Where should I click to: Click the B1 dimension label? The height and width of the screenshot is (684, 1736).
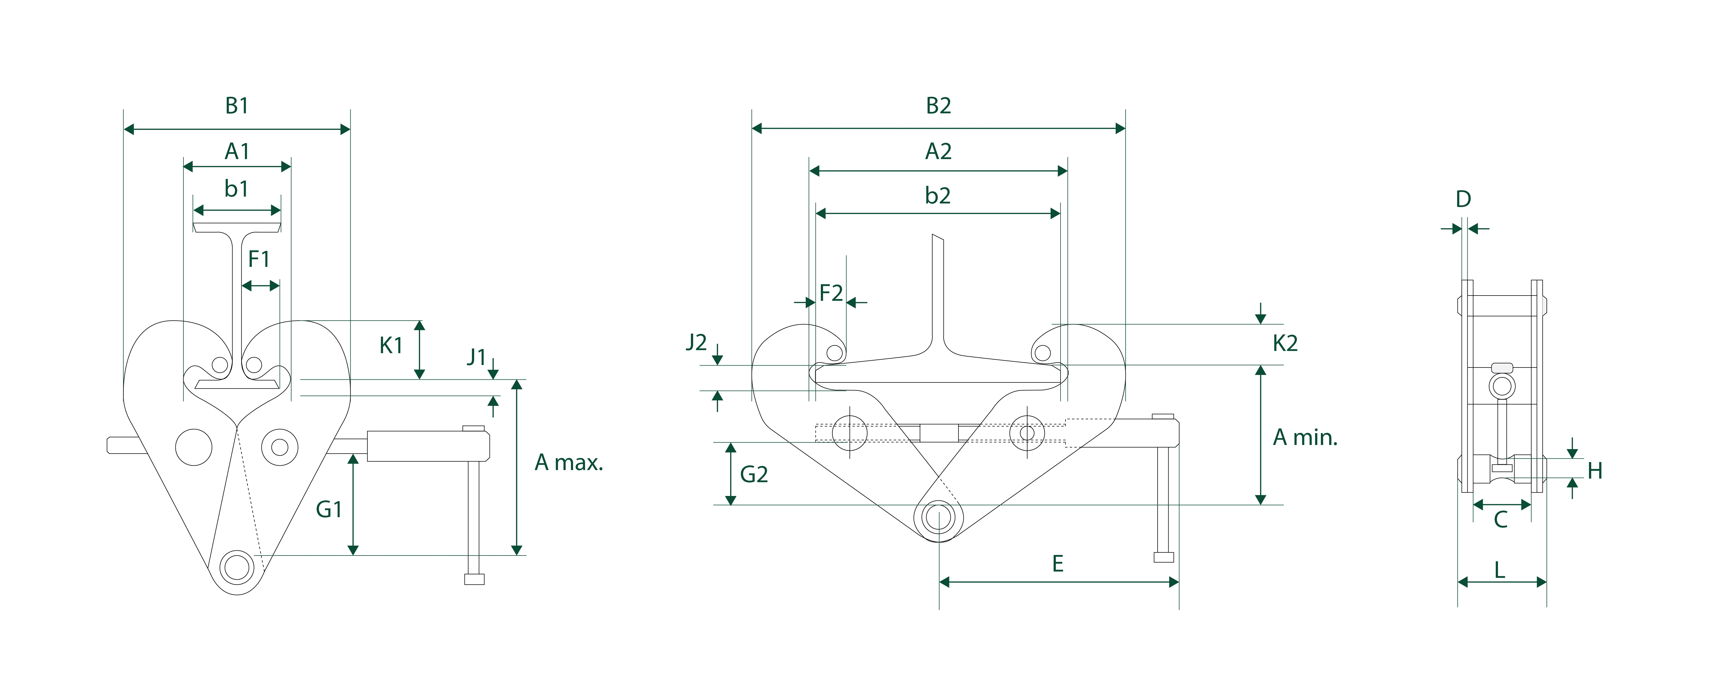(237, 106)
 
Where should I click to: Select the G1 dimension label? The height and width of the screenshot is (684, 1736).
(329, 509)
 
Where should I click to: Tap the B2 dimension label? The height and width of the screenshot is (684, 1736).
(938, 106)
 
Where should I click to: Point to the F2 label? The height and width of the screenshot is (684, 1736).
(831, 293)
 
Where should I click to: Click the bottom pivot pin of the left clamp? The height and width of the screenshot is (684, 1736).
(237, 566)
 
